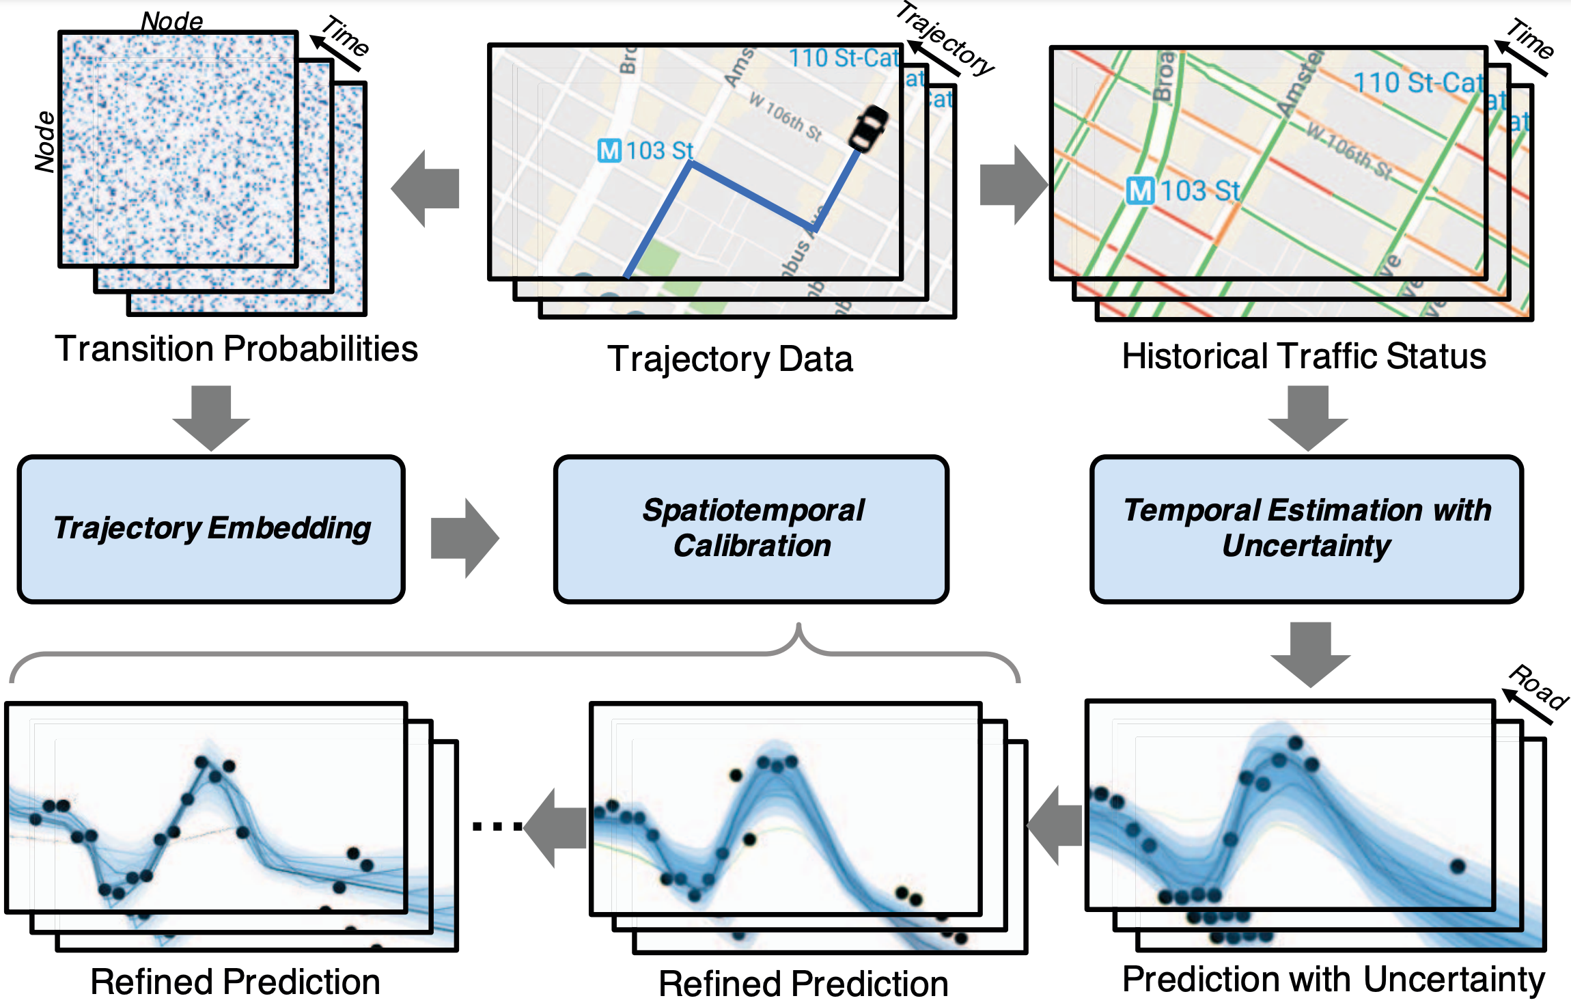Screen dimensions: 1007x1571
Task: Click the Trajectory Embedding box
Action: [211, 529]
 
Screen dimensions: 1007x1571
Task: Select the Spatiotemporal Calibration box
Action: [751, 529]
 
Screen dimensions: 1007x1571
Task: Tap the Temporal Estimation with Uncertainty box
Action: [1306, 529]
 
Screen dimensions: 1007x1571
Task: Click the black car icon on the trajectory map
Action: [867, 128]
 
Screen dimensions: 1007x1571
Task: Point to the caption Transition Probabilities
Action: [236, 349]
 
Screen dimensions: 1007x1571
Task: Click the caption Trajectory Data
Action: [729, 359]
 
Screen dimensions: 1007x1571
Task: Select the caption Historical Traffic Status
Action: [1303, 357]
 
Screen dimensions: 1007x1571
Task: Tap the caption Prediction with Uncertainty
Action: [1333, 979]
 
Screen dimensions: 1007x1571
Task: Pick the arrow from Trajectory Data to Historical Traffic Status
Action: [1013, 185]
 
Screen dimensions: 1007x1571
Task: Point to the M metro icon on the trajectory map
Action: [609, 150]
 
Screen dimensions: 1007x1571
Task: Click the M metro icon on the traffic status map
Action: [1140, 191]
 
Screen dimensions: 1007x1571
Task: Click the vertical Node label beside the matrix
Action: [45, 141]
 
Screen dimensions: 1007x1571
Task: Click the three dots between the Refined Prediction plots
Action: [497, 827]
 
